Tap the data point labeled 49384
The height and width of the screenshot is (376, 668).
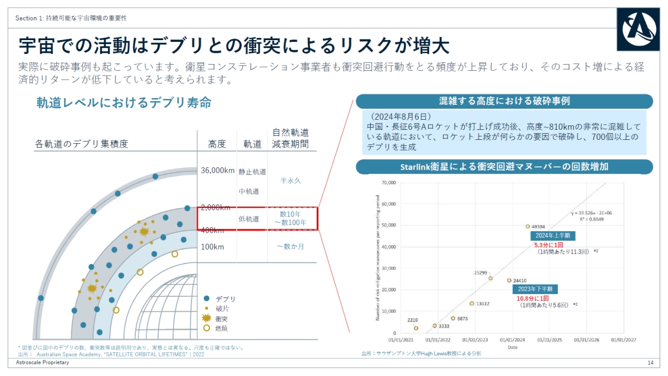(x=528, y=227)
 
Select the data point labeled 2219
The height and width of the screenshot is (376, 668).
(x=416, y=328)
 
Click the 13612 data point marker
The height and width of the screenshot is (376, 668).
(x=471, y=304)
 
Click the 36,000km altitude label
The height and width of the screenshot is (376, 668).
(x=218, y=170)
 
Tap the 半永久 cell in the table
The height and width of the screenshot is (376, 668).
(x=291, y=180)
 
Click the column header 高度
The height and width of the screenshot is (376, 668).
(x=217, y=144)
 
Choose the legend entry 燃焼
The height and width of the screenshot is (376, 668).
(x=222, y=328)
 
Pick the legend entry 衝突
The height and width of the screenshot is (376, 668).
(x=222, y=319)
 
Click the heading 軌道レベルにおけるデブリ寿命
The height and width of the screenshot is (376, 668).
(x=124, y=103)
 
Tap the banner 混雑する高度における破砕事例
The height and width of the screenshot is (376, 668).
(x=504, y=101)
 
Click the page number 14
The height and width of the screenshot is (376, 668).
(x=650, y=363)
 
